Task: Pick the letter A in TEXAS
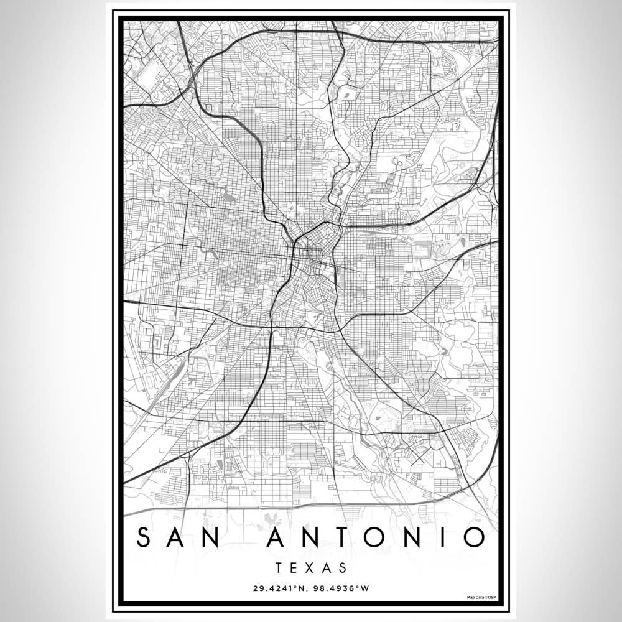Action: coord(327,568)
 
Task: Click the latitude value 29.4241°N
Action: coord(278,588)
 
